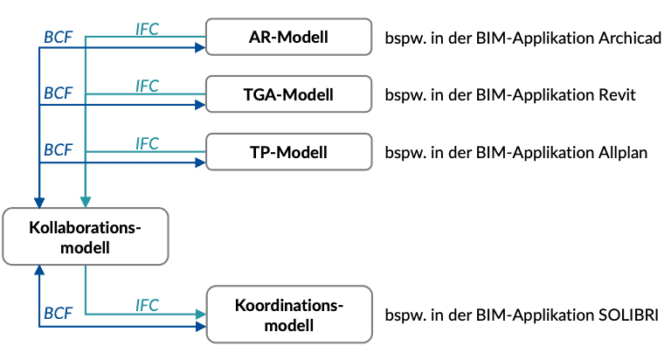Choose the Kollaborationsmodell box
85,237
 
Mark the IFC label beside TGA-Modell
148,85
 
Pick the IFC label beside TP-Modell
148,142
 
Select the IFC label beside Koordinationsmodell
148,305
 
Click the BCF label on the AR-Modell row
58,38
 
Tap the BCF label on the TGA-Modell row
58,93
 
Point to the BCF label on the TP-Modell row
58,150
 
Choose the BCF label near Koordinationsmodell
58,313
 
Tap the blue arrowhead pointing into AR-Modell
200,48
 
